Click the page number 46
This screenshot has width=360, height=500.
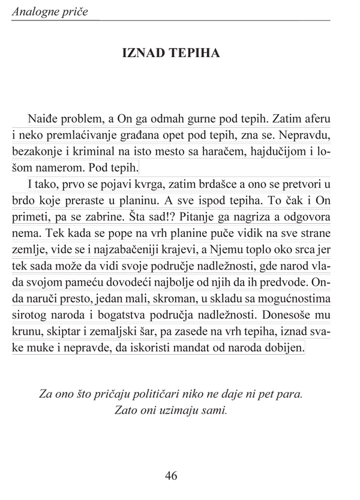171,475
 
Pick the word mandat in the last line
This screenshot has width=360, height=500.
197,348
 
